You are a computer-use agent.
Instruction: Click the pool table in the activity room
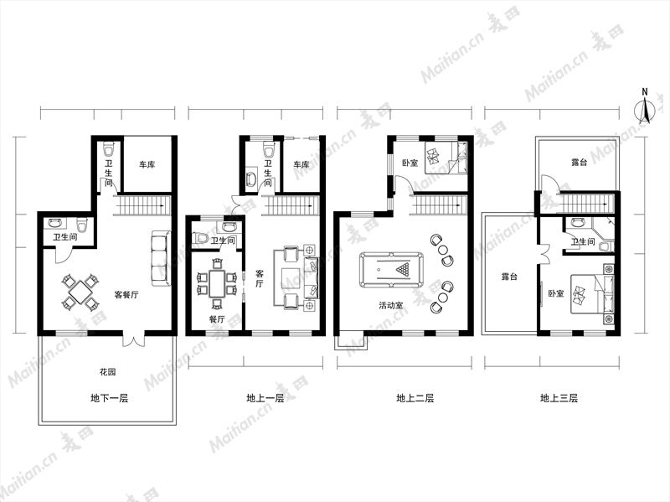391,269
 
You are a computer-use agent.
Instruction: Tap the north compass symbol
645,107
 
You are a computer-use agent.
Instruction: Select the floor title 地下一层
110,398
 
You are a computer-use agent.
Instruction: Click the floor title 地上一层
265,398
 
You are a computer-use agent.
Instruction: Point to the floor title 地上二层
415,398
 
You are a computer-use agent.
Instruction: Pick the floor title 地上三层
559,398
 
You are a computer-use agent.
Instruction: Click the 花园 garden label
108,372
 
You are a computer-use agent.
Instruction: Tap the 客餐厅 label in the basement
126,295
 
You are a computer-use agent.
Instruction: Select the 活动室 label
391,305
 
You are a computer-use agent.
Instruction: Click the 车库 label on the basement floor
147,164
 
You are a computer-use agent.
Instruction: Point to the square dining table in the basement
80,292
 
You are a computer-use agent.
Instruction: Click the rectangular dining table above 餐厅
217,283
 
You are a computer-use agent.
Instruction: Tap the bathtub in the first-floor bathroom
250,179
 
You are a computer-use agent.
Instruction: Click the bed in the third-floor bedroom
593,294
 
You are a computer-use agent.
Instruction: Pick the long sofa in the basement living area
161,259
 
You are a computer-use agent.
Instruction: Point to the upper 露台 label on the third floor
579,163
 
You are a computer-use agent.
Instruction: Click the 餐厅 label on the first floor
217,319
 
